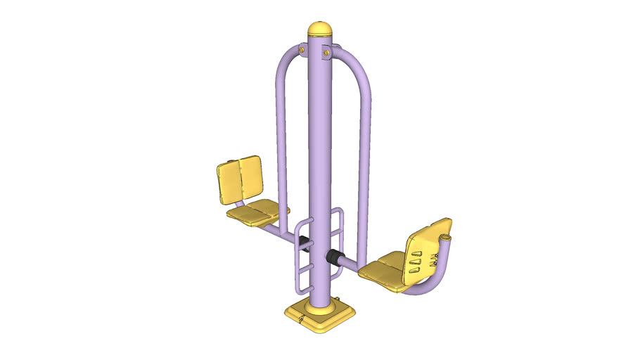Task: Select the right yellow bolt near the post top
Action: tap(327, 51)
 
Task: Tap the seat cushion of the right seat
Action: tap(383, 273)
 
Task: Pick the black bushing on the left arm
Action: tap(304, 242)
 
